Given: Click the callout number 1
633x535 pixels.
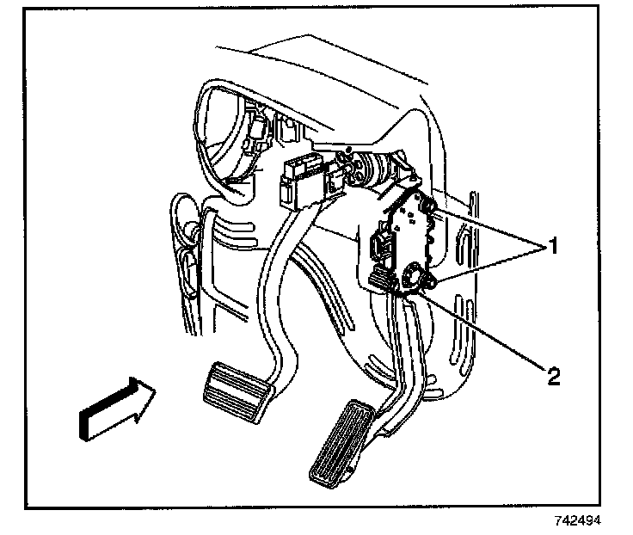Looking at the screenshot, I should point(554,247).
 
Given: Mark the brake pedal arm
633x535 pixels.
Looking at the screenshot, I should point(275,284).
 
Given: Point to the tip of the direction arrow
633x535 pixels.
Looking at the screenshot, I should point(156,394).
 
